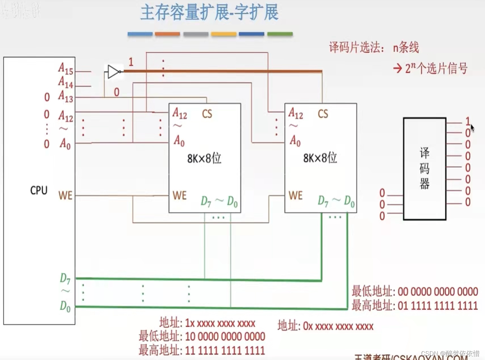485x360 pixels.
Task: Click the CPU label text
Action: tap(39, 190)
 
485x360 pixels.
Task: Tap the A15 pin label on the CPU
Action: tap(66, 68)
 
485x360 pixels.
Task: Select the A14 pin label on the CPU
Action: tap(66, 82)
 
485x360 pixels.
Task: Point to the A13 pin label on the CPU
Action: tap(66, 97)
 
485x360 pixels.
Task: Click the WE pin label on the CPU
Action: tap(65, 196)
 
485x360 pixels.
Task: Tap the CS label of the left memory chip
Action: tap(207, 114)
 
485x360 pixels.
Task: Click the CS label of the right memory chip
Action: tap(323, 114)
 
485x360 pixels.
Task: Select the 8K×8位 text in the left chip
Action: tap(204, 158)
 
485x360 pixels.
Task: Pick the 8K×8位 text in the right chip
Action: tap(320, 158)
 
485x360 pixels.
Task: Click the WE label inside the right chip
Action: tap(296, 196)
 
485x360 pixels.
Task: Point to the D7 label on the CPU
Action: tap(65, 278)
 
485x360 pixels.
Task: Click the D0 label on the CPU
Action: tap(65, 306)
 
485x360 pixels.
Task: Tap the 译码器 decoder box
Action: tap(424, 169)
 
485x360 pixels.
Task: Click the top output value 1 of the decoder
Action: tap(468, 121)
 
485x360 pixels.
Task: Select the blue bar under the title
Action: tap(140, 34)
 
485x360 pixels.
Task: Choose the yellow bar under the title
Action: tap(224, 34)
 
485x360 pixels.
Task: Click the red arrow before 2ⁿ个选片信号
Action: tap(397, 68)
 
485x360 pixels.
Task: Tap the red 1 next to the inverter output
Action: tap(131, 62)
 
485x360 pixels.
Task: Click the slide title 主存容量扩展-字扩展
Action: tap(209, 12)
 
